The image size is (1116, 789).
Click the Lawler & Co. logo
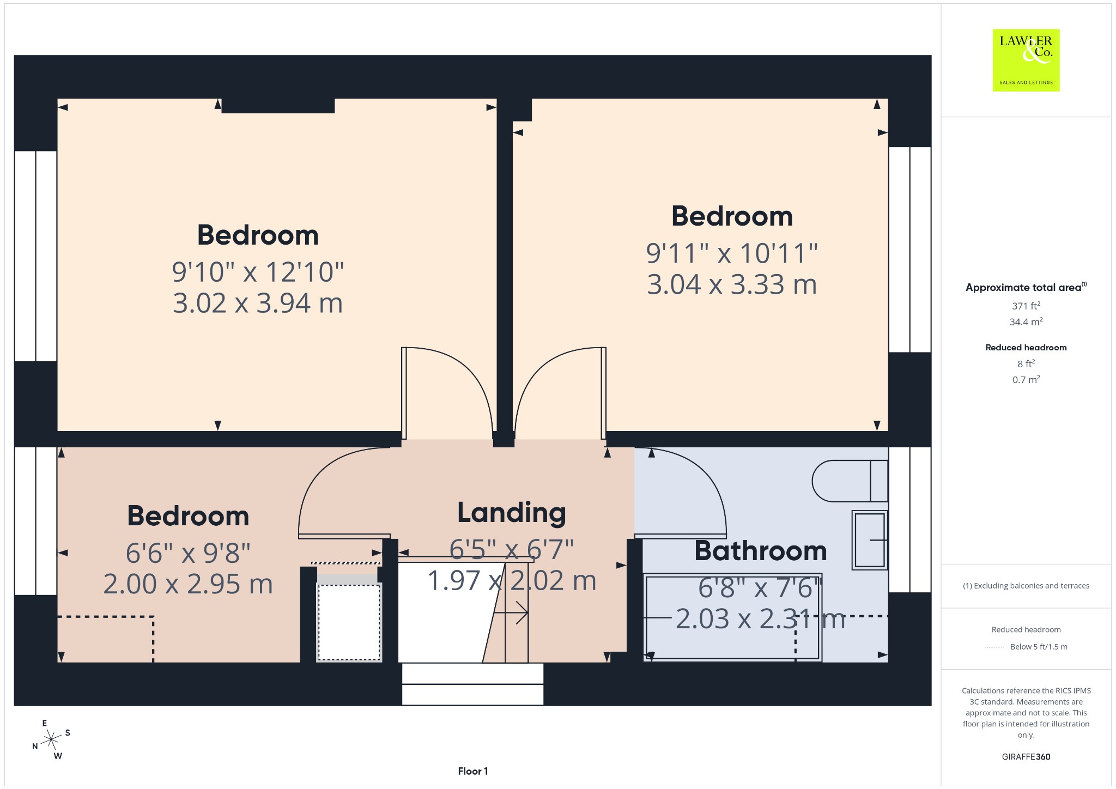(x=1026, y=60)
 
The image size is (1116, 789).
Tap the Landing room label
(x=512, y=513)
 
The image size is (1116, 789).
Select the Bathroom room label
(x=761, y=551)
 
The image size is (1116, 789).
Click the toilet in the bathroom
(x=850, y=481)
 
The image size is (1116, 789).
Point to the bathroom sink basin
(x=870, y=539)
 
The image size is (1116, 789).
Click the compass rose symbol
(x=51, y=739)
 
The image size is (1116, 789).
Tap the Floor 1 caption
(x=473, y=771)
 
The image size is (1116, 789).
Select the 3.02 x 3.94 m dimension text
(x=258, y=304)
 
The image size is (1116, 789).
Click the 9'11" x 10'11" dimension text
(x=732, y=253)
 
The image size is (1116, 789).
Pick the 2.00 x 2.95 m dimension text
(x=188, y=584)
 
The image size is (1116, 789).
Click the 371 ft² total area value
(x=1026, y=306)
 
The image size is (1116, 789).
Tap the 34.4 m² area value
(x=1026, y=321)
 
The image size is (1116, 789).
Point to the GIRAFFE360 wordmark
(x=1026, y=756)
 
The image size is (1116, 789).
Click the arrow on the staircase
(x=511, y=613)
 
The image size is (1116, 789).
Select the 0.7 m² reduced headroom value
(x=1026, y=379)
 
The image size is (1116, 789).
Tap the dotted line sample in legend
(x=994, y=647)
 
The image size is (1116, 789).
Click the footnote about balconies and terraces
(x=1026, y=586)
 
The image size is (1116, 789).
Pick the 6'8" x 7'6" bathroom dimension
(x=760, y=588)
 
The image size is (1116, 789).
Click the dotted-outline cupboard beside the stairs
(x=349, y=622)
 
